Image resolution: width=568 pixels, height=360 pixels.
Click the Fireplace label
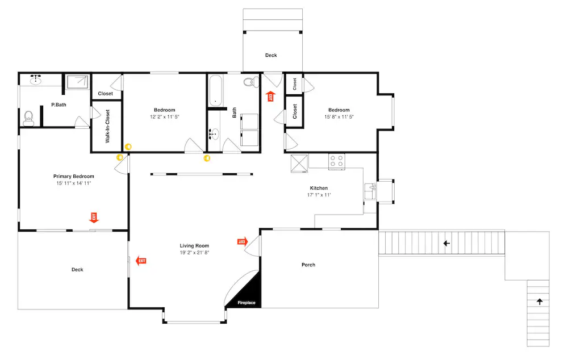tap(247, 303)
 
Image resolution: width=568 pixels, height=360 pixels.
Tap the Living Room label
tap(194, 245)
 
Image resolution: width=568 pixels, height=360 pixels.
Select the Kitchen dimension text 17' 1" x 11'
tap(319, 195)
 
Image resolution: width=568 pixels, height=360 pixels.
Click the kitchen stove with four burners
tap(336, 161)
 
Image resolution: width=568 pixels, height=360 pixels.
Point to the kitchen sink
tap(370, 191)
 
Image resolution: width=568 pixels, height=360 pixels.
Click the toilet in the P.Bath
tap(28, 119)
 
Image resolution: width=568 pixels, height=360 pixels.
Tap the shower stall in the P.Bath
tap(77, 82)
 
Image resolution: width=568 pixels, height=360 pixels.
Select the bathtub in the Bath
tap(215, 90)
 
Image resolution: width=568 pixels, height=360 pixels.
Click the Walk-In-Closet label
tap(107, 126)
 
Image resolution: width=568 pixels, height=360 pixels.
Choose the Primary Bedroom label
tap(73, 177)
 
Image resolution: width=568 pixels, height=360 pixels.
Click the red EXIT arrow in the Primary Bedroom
tap(94, 217)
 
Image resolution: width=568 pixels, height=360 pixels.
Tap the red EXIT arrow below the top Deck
tap(270, 97)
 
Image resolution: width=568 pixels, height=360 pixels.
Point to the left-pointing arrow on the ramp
tap(446, 244)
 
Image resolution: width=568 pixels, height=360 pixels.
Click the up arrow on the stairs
tap(540, 302)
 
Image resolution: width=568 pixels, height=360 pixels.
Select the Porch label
tap(308, 265)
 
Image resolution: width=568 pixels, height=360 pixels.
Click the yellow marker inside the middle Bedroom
tap(128, 146)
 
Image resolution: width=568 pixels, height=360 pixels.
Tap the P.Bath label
tap(59, 104)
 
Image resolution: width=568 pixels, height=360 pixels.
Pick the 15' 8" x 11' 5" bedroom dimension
tap(339, 116)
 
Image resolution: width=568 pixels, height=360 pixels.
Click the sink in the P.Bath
tap(35, 79)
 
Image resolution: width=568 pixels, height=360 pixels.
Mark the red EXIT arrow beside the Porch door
tap(243, 241)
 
